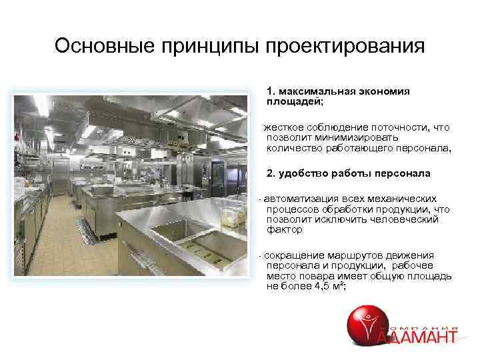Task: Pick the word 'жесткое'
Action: [x=284, y=127]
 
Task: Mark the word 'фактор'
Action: [x=284, y=229]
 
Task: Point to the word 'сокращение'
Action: [x=297, y=255]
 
